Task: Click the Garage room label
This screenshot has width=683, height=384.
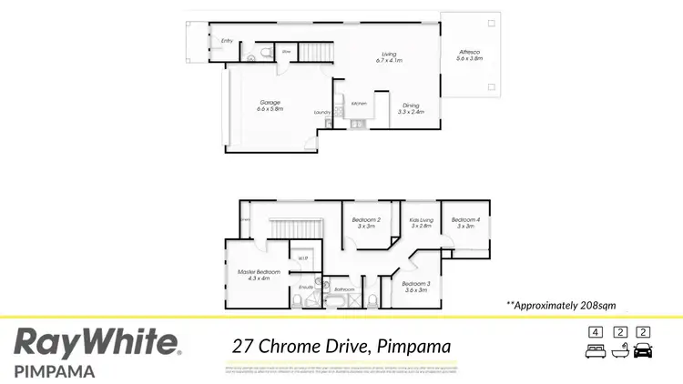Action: pyautogui.click(x=270, y=106)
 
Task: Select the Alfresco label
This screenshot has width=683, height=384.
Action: pyautogui.click(x=470, y=54)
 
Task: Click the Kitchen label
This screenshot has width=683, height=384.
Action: pyautogui.click(x=359, y=103)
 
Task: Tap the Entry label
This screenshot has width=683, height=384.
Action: pyautogui.click(x=227, y=41)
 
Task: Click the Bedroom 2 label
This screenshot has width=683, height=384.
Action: pyautogui.click(x=366, y=222)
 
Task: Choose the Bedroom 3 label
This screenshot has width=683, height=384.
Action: pyautogui.click(x=414, y=287)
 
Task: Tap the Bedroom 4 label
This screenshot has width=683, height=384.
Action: pyautogui.click(x=464, y=222)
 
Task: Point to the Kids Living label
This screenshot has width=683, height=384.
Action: pyautogui.click(x=421, y=222)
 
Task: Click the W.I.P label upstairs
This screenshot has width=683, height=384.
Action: pyautogui.click(x=302, y=258)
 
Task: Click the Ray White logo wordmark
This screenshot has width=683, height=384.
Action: pyautogui.click(x=96, y=343)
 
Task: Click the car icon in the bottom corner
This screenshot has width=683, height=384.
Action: pyautogui.click(x=643, y=349)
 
